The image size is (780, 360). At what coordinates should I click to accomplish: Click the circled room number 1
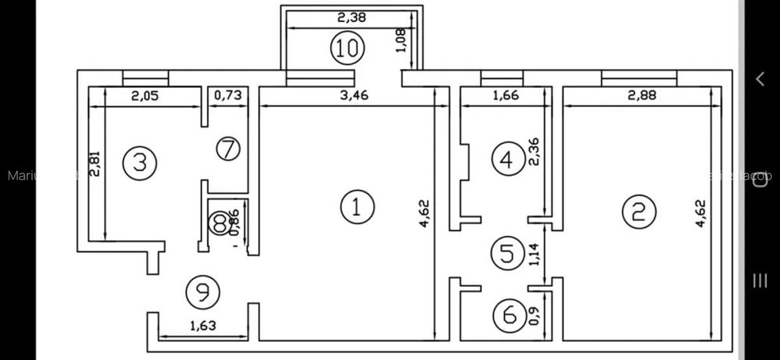point(357,207)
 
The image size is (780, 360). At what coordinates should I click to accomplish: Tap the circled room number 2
point(639,212)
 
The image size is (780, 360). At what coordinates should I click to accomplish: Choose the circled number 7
point(228,149)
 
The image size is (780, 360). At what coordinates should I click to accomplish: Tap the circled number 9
point(202,292)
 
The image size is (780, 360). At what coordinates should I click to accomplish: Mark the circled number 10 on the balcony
point(347,49)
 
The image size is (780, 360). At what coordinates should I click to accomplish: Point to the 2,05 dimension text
point(145,96)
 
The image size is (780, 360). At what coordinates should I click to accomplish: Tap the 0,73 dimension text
point(227,96)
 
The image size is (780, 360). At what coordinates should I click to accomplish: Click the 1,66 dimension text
point(506,96)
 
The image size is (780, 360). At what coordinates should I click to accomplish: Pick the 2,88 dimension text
point(642,96)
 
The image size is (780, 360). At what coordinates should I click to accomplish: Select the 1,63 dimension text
point(202,326)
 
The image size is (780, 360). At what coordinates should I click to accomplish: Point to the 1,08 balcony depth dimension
point(401,40)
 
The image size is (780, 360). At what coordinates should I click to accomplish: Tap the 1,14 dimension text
point(534,254)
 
